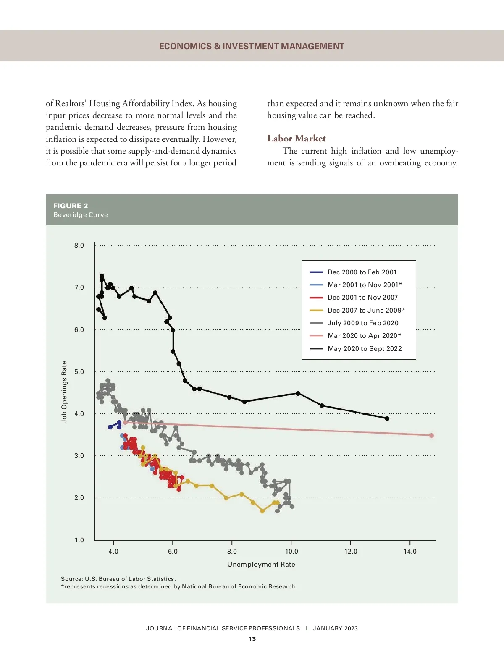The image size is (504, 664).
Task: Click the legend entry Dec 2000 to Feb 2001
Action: [362, 272]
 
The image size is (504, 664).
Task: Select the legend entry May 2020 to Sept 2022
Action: [364, 348]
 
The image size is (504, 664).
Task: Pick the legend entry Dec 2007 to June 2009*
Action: [366, 310]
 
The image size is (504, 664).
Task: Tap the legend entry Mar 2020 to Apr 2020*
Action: [364, 335]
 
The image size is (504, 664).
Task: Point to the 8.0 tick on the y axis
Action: [79, 246]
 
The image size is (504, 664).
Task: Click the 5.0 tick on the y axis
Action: [79, 372]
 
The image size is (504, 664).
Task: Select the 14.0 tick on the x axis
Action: [410, 552]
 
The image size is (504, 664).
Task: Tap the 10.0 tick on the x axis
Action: [291, 552]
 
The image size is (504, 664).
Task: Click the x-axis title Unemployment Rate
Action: [261, 564]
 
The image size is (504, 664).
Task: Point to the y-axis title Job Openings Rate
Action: [64, 392]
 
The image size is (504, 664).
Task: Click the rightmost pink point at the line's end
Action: [431, 435]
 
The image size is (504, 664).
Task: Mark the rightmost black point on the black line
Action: [387, 418]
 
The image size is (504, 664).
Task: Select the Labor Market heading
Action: [296, 139]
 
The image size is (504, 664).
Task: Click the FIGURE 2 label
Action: [71, 206]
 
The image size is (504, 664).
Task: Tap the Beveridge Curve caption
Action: [81, 215]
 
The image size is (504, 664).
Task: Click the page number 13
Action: [252, 639]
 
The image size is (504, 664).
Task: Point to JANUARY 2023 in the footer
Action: [335, 628]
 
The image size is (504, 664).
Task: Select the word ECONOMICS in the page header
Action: [185, 46]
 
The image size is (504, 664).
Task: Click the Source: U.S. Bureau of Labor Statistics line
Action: [118, 579]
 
